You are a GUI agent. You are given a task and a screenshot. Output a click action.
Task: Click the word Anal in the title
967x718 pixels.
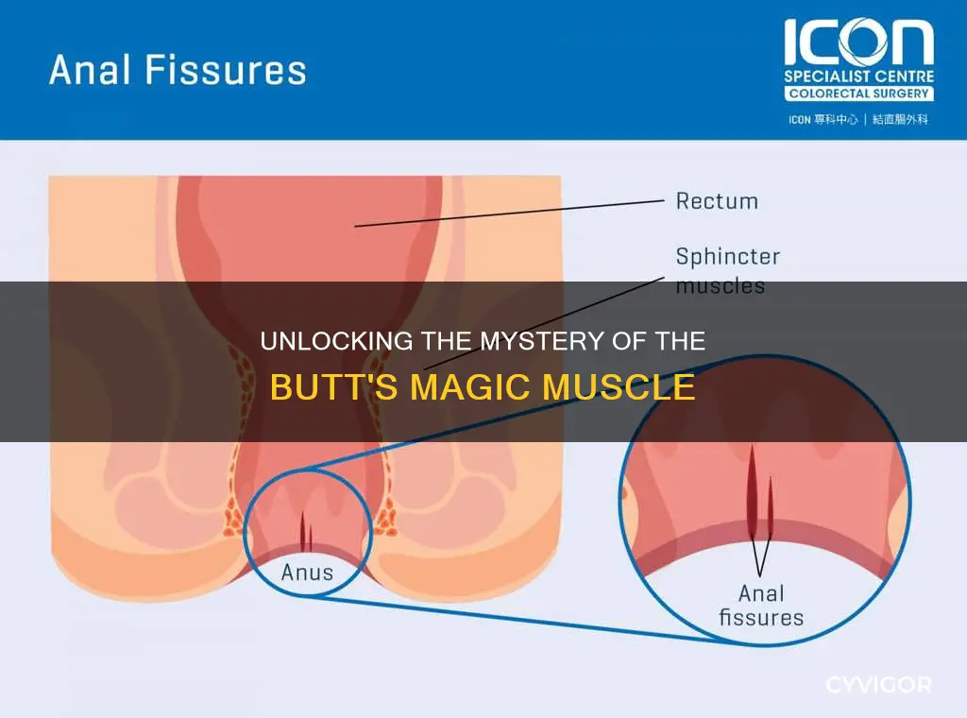pos(90,69)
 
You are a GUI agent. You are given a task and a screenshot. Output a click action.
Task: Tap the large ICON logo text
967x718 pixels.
pos(858,42)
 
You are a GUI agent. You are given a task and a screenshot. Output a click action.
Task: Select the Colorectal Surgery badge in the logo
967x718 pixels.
pos(858,94)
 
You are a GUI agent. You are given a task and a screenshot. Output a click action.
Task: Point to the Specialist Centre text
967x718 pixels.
pos(858,77)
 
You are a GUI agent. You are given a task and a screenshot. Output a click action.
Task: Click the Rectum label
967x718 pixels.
pos(717,201)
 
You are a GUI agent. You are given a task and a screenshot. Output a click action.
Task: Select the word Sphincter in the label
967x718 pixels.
pos(728,256)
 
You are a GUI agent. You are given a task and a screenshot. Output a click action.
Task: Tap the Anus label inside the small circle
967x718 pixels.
pos(307,573)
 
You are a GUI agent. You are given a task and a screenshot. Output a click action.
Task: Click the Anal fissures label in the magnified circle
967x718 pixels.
pos(761,606)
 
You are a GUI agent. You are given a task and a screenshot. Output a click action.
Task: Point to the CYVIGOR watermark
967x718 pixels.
pos(878,685)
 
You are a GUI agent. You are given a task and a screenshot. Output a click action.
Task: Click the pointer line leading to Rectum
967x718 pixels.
pos(509,214)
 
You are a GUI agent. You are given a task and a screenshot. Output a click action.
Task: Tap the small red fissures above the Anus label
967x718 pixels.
pos(306,532)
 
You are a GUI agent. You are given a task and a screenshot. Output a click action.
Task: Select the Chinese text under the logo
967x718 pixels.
pos(858,120)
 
